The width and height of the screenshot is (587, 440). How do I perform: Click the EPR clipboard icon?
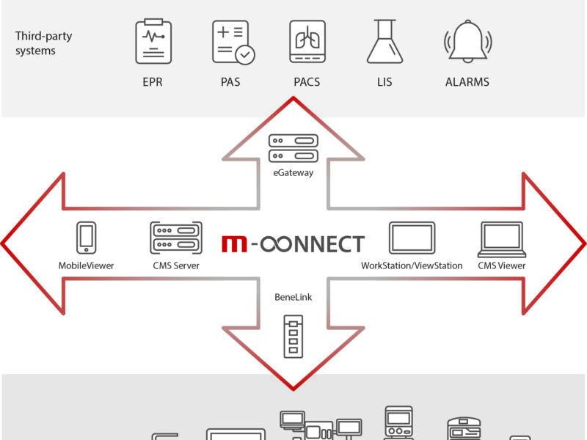pyautogui.click(x=153, y=42)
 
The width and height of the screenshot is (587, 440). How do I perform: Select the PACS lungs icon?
pyautogui.click(x=307, y=42)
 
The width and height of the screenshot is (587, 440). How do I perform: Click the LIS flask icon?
pyautogui.click(x=384, y=43)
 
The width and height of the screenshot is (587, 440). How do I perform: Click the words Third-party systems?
pyautogui.click(x=44, y=43)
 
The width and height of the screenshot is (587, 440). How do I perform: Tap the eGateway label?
pyautogui.click(x=293, y=173)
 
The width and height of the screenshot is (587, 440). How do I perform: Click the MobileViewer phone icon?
pyautogui.click(x=86, y=238)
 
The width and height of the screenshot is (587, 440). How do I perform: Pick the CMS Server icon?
pyautogui.click(x=175, y=238)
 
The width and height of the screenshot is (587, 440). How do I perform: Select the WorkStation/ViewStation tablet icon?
pyautogui.click(x=412, y=238)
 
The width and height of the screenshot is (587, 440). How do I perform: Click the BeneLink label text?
pyautogui.click(x=293, y=298)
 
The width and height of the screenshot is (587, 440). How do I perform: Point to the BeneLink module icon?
pyautogui.click(x=293, y=336)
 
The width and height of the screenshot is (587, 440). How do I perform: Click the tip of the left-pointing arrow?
pyautogui.click(x=4, y=242)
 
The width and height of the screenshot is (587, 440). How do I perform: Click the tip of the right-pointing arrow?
pyautogui.click(x=583, y=242)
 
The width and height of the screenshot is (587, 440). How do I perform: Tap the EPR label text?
pyautogui.click(x=153, y=81)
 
